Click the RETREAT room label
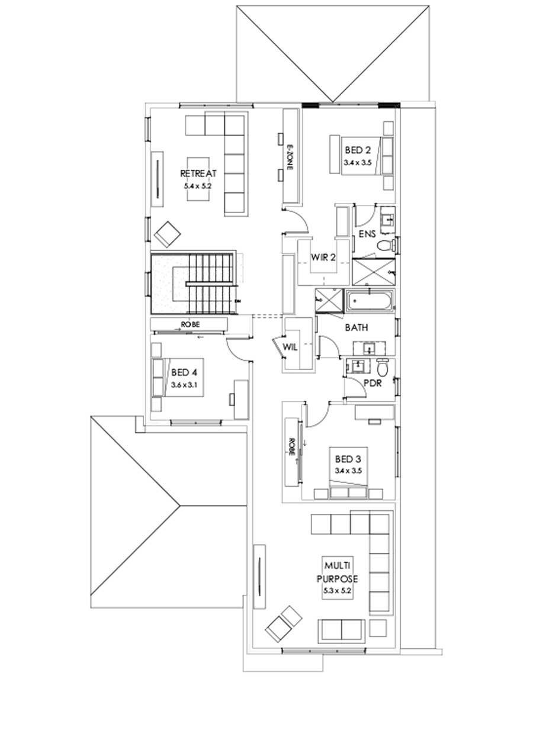pyautogui.click(x=198, y=173)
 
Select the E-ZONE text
pyautogui.click(x=290, y=157)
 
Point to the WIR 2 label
pyautogui.click(x=324, y=258)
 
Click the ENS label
pyautogui.click(x=367, y=234)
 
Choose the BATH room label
pyautogui.click(x=357, y=327)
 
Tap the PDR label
pyautogui.click(x=372, y=382)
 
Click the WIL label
pyautogui.click(x=290, y=347)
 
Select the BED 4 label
pyautogui.click(x=184, y=372)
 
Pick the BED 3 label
pyautogui.click(x=348, y=459)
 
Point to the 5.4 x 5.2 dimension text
pyautogui.click(x=198, y=185)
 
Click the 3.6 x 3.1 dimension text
pyautogui.click(x=184, y=385)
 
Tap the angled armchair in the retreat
pyautogui.click(x=168, y=234)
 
